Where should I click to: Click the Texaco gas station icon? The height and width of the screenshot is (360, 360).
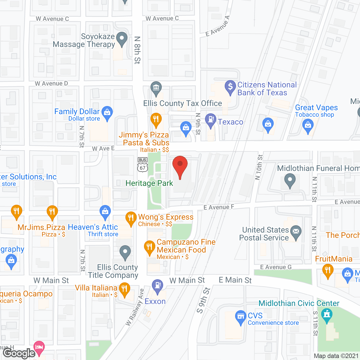[x=210, y=120]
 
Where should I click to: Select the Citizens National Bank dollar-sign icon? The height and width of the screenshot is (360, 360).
[x=230, y=87]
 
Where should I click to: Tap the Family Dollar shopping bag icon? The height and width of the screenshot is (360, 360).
[x=107, y=112]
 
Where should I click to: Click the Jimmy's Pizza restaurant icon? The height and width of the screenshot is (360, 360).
[x=156, y=119]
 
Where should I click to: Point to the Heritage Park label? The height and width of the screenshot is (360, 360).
[x=149, y=183]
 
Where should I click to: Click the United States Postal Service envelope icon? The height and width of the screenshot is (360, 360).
[x=296, y=232]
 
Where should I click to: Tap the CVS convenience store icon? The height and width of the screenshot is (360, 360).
[x=240, y=317]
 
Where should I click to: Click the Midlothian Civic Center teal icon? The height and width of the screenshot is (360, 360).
[x=327, y=314]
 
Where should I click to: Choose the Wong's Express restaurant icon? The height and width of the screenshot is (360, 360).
[x=131, y=218]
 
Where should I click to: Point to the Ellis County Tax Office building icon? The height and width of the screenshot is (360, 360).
[x=156, y=87]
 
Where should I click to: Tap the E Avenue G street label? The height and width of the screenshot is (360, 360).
[x=276, y=267]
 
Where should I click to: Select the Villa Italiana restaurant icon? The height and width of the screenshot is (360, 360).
[x=124, y=289]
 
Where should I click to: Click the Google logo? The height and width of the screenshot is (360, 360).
[x=19, y=353]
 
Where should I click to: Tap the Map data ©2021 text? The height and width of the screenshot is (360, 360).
[x=336, y=356]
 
